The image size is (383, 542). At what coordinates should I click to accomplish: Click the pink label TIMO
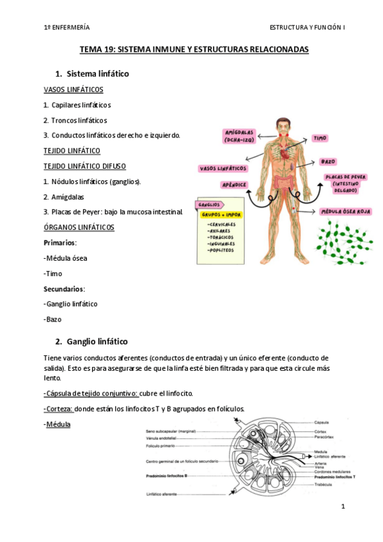320,137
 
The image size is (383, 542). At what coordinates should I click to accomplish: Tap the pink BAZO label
328,162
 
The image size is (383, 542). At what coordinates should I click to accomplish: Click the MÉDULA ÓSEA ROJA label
347,211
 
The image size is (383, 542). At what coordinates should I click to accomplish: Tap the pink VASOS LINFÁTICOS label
223,169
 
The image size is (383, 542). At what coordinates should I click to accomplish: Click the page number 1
343,507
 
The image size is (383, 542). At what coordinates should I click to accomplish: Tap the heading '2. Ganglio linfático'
92,342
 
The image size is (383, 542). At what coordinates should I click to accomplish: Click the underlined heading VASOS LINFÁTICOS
73,89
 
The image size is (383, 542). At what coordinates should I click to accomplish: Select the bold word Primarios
60,243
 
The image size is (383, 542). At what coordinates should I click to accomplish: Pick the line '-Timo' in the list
53,274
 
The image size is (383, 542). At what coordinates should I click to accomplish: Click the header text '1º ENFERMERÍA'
66,27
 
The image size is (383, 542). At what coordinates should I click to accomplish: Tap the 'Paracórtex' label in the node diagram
324,437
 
